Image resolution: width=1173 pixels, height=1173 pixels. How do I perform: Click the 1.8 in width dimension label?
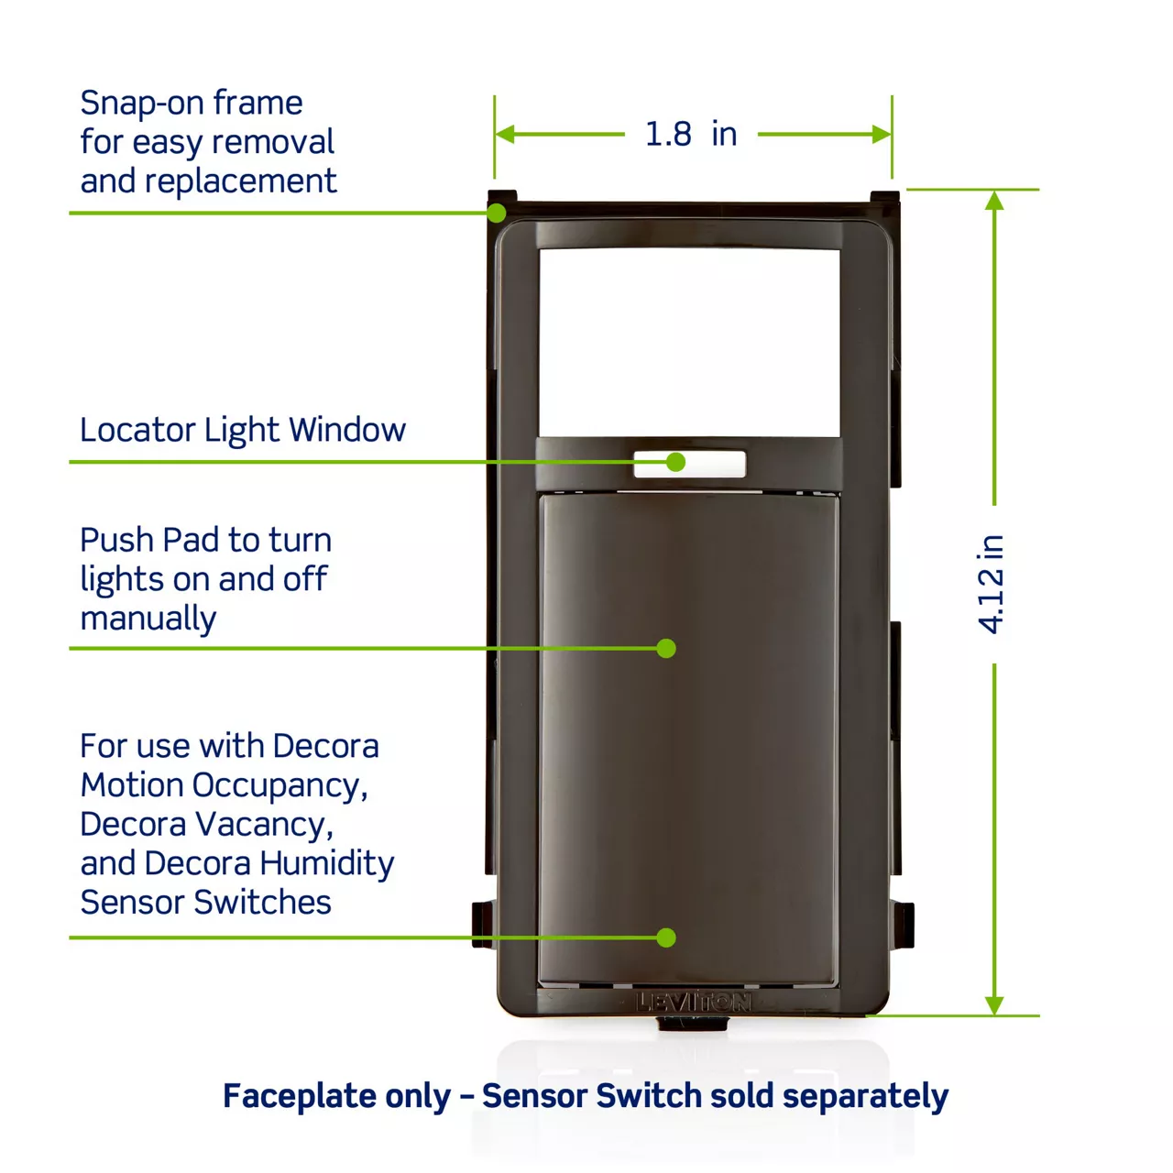pyautogui.click(x=691, y=134)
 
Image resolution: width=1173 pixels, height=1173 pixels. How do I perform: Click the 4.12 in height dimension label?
pyautogui.click(x=990, y=585)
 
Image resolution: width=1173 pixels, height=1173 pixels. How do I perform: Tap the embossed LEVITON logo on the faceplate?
pyautogui.click(x=693, y=1003)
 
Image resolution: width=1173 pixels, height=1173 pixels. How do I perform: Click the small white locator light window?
pyautogui.click(x=690, y=464)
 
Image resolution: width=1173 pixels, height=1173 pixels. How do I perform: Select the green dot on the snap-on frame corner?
pyautogui.click(x=497, y=213)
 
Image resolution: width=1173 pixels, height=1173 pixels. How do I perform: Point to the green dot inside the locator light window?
pyautogui.click(x=675, y=463)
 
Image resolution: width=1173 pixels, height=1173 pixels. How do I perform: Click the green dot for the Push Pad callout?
pyautogui.click(x=666, y=648)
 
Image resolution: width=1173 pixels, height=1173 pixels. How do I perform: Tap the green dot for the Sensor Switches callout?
pyautogui.click(x=666, y=937)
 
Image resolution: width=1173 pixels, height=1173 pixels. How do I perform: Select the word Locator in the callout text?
pyautogui.click(x=137, y=430)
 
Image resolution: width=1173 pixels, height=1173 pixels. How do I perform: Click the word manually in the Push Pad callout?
pyautogui.click(x=148, y=619)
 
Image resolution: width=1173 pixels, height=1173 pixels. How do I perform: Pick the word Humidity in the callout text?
pyautogui.click(x=327, y=864)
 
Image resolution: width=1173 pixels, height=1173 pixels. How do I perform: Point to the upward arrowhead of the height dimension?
pyautogui.click(x=994, y=201)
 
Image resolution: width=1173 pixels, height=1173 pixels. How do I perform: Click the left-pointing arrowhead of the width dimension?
pyautogui.click(x=505, y=134)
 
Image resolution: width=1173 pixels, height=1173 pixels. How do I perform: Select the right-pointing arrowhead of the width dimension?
pyautogui.click(x=882, y=134)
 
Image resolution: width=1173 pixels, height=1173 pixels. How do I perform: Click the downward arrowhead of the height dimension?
pyautogui.click(x=994, y=1005)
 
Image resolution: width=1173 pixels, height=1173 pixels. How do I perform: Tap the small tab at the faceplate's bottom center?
pyautogui.click(x=693, y=1024)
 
